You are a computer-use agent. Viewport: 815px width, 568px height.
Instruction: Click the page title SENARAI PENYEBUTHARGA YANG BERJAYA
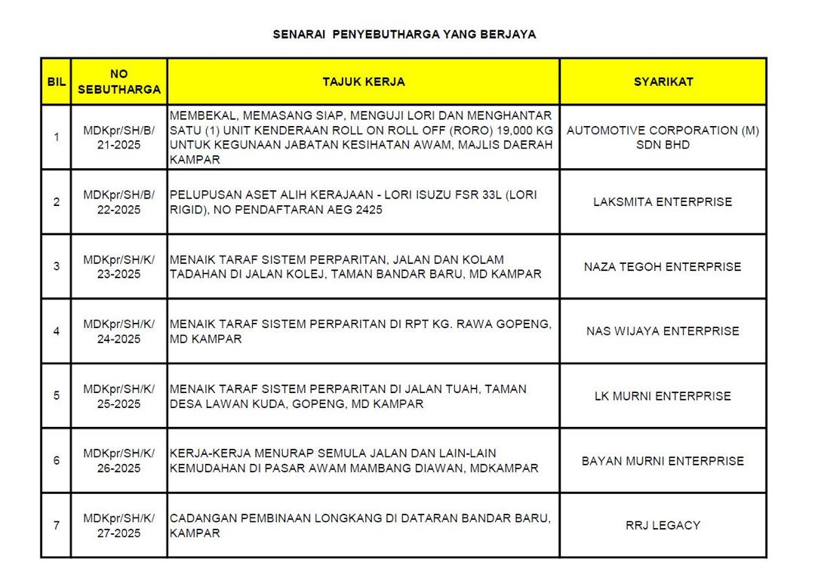(x=404, y=35)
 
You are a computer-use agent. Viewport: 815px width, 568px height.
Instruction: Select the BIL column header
(x=56, y=81)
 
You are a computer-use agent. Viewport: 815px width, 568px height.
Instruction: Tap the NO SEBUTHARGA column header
(x=119, y=81)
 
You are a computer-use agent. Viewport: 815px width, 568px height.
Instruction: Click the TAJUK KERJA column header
(x=364, y=81)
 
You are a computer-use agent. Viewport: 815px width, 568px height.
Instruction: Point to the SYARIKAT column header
(x=663, y=81)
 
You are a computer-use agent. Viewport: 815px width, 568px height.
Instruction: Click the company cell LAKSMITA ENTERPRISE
(x=663, y=202)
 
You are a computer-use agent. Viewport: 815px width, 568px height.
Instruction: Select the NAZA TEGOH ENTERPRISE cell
(x=663, y=266)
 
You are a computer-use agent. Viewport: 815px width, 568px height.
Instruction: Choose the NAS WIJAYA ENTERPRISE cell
(x=663, y=331)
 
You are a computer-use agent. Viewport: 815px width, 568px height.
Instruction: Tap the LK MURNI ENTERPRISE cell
(x=663, y=396)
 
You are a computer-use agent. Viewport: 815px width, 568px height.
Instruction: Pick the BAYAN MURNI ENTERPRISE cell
(x=663, y=461)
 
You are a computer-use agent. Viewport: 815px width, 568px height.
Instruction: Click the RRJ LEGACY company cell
(x=663, y=525)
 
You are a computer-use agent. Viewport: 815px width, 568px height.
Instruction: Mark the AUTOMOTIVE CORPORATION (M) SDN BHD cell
(x=663, y=137)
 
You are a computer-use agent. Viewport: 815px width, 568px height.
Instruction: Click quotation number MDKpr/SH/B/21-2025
(x=119, y=137)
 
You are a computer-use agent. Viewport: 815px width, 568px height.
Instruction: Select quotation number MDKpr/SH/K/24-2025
(x=119, y=331)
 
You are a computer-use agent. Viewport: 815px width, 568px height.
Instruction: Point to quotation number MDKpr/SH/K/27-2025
(x=119, y=525)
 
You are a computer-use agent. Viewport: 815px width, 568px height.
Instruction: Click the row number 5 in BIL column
(x=56, y=395)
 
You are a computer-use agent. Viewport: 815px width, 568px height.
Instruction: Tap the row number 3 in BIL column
(x=56, y=266)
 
